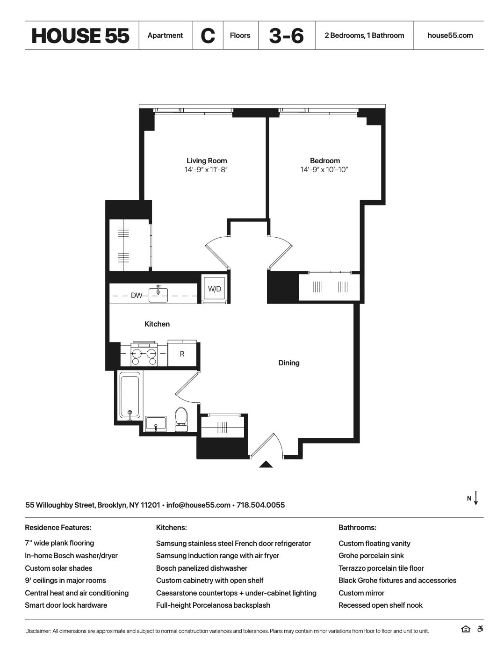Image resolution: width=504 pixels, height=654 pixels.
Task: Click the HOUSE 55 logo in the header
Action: tap(80, 36)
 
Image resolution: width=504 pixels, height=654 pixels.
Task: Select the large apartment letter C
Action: tap(208, 36)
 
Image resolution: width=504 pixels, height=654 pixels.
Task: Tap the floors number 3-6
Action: tap(286, 36)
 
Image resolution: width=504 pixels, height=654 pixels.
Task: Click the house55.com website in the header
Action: tap(450, 36)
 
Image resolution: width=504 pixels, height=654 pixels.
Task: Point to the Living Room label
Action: tap(207, 160)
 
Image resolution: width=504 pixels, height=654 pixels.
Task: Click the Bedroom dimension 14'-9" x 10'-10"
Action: tap(324, 169)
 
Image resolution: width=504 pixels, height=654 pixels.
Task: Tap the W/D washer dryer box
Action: tap(215, 289)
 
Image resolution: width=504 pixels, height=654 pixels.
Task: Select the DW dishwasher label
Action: tap(136, 295)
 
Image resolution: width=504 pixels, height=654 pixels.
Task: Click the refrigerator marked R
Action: tap(182, 354)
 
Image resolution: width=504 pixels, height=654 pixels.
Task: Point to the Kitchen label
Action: tap(157, 324)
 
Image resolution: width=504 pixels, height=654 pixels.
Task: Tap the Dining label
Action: tap(288, 363)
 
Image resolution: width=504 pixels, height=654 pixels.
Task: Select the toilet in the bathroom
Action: tap(181, 418)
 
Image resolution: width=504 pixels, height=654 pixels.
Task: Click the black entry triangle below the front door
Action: tap(266, 465)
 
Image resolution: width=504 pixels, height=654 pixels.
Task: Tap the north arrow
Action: tap(475, 498)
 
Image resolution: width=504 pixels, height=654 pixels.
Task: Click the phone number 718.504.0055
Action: tap(260, 505)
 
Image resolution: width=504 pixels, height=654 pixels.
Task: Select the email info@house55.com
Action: tap(198, 505)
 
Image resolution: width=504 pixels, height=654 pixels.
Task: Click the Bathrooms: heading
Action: tap(357, 528)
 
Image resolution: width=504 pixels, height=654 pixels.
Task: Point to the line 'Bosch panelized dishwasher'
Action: tap(202, 568)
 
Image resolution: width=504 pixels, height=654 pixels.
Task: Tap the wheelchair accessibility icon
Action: tap(480, 629)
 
